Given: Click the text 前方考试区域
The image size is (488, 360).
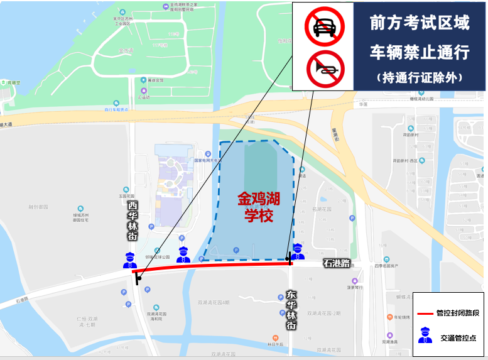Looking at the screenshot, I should [x=419, y=23].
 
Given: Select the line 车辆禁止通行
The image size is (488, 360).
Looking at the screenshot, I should [x=419, y=52].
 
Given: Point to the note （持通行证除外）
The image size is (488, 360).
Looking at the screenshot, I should [x=419, y=78].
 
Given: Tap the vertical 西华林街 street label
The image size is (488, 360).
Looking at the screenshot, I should [x=133, y=221].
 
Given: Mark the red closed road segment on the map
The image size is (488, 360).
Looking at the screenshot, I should [x=214, y=268].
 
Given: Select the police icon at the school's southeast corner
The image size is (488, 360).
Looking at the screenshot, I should [x=298, y=251].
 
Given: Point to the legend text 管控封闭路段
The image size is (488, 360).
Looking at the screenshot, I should [x=457, y=313].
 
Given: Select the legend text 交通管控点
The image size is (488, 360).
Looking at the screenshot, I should [x=457, y=337].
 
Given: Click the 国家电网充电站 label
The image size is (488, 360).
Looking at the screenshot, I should [x=207, y=160].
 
